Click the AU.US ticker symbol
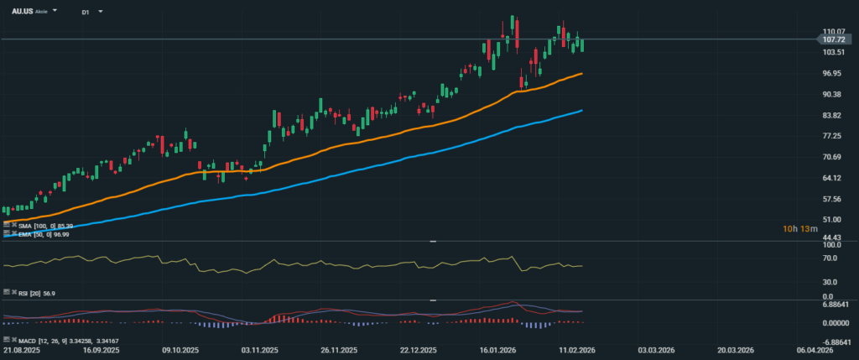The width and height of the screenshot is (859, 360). click(22, 12)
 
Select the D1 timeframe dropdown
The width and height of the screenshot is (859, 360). click(86, 13)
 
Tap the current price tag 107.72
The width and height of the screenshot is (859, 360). click(833, 39)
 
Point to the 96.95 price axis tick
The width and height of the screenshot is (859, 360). click(832, 73)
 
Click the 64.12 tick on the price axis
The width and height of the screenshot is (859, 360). click(832, 178)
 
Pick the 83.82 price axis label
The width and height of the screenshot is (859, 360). click(832, 115)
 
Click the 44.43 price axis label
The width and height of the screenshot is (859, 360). click(832, 237)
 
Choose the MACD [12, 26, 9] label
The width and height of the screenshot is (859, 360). click(38, 341)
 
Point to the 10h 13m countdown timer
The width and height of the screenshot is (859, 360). click(797, 228)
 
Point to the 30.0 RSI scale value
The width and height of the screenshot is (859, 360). click(832, 282)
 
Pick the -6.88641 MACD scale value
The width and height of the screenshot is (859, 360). click(836, 342)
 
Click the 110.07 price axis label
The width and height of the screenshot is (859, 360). click(833, 31)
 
